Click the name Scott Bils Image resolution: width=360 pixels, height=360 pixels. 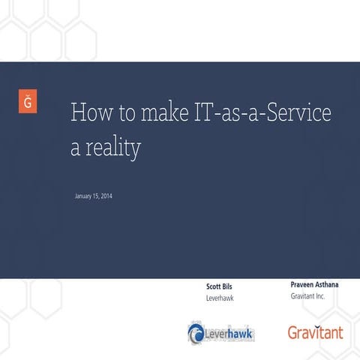(219, 286)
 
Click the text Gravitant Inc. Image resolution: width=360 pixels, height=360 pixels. (307, 297)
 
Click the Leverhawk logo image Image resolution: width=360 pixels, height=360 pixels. (220, 331)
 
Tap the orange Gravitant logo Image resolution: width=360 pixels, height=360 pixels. (315, 331)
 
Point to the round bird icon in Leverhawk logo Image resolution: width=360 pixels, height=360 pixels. (196, 331)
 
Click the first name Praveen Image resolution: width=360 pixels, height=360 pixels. (303, 285)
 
